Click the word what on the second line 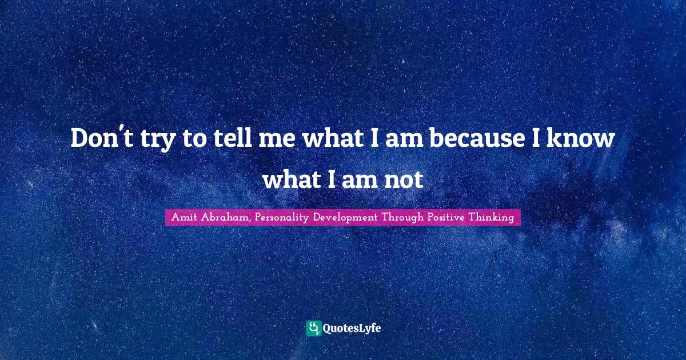pyautogui.click(x=292, y=180)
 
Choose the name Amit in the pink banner pyautogui.click(x=184, y=218)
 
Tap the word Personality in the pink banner pyautogui.click(x=282, y=218)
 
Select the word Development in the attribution pyautogui.click(x=349, y=218)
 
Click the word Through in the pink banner pyautogui.click(x=403, y=218)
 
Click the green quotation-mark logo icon pyautogui.click(x=313, y=328)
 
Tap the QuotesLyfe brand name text pyautogui.click(x=353, y=329)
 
